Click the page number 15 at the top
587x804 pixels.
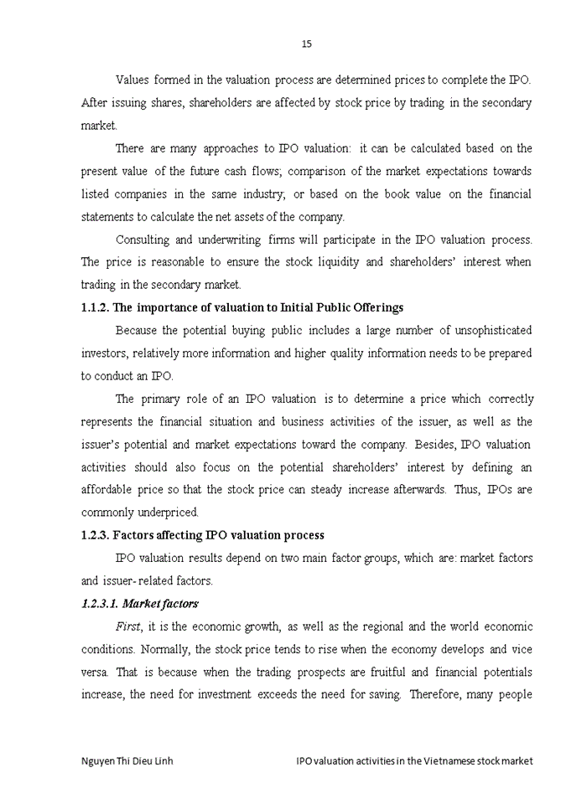point(306,44)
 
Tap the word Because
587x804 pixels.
point(135,330)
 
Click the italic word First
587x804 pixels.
point(128,626)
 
